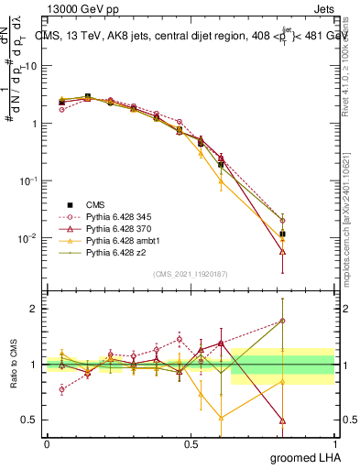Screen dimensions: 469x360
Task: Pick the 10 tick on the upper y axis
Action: (x=33, y=66)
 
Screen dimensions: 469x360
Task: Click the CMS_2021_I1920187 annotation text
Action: (x=190, y=275)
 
